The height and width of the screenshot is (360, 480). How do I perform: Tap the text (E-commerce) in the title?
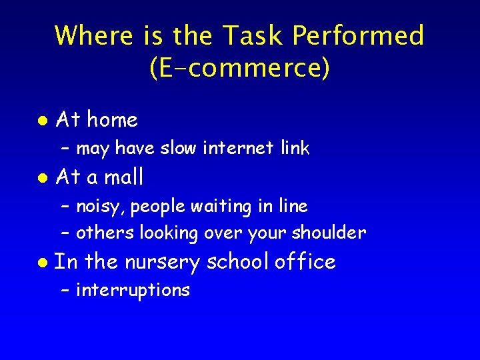point(240,69)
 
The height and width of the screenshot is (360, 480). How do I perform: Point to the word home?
point(113,120)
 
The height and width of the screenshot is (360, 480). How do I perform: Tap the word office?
point(305,262)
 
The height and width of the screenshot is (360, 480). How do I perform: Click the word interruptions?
point(133,291)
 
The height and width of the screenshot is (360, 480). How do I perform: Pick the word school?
point(237,262)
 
